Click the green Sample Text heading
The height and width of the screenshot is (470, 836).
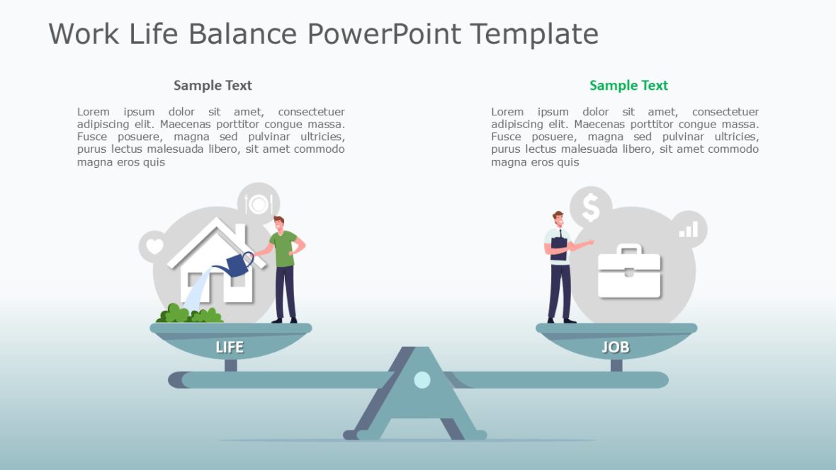(628, 86)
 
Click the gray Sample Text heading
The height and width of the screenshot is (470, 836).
(213, 86)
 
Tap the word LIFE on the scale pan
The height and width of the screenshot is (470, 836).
(230, 347)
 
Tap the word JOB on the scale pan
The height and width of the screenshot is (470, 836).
(615, 347)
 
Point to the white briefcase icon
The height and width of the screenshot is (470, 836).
(629, 272)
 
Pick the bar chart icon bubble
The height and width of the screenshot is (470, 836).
(689, 229)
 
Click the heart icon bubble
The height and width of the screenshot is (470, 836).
(155, 247)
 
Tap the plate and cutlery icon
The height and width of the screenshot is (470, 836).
(258, 204)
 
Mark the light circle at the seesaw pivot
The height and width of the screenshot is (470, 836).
(422, 379)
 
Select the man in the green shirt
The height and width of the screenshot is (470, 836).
(285, 269)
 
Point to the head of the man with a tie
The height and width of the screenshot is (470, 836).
(558, 219)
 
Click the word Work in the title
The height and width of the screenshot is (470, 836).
(84, 33)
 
